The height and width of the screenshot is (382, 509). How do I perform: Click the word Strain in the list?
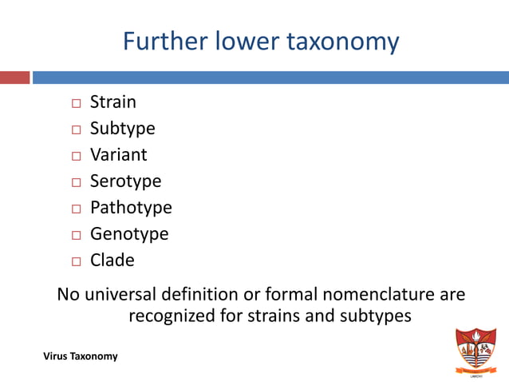pyautogui.click(x=112, y=102)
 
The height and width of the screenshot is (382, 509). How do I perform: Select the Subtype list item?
pyautogui.click(x=122, y=129)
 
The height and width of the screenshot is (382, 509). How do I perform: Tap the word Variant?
pyautogui.click(x=118, y=155)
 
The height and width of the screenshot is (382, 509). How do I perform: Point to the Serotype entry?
pyautogui.click(x=125, y=181)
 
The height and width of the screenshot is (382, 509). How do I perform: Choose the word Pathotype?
pyautogui.click(x=131, y=208)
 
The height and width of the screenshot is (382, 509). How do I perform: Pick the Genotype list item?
pyautogui.click(x=129, y=234)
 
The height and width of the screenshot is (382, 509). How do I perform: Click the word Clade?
pyautogui.click(x=112, y=261)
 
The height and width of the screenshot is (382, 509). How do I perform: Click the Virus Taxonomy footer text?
pyautogui.click(x=81, y=356)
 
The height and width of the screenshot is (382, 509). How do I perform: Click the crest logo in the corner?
pyautogui.click(x=475, y=349)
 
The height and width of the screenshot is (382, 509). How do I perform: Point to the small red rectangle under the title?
pyautogui.click(x=14, y=78)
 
